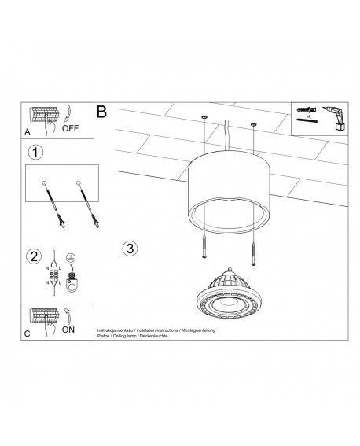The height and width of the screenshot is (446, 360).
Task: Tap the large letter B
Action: [101, 112]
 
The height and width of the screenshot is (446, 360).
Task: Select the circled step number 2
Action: [33, 256]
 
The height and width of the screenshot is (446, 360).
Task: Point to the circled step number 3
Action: [130, 249]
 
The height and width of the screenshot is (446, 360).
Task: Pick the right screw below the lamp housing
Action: [254, 252]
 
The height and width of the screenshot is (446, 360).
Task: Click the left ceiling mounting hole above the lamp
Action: [203, 117]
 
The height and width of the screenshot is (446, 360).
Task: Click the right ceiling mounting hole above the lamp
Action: [253, 124]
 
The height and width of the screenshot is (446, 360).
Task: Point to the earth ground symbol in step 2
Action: [71, 256]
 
